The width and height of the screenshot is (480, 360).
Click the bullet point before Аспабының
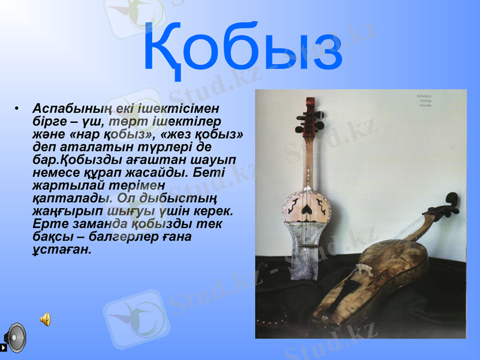click(20, 108)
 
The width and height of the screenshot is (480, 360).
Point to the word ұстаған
click(61, 250)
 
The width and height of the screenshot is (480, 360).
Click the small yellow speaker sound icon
click(45, 319)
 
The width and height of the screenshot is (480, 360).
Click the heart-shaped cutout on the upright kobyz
click(307, 208)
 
